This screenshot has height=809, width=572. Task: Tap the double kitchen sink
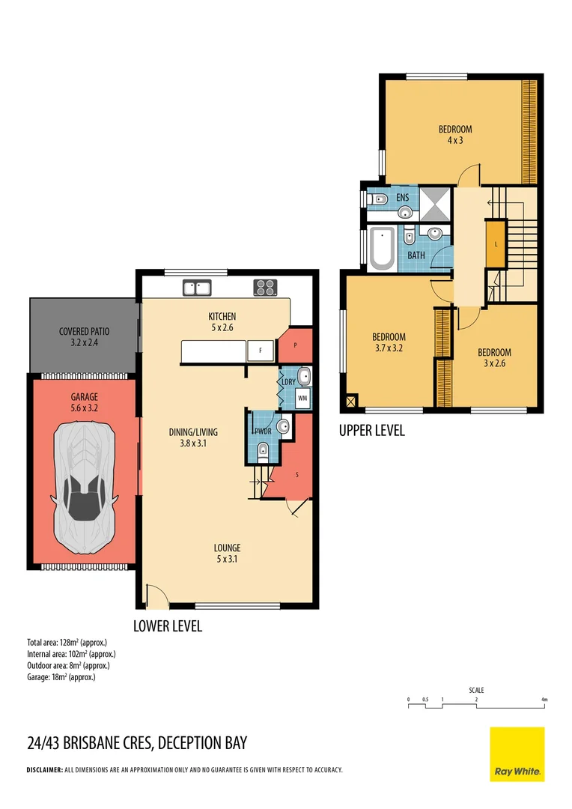point(198,287)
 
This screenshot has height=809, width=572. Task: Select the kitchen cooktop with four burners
point(266,287)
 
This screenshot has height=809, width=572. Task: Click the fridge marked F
point(261,351)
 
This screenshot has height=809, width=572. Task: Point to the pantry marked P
point(295,346)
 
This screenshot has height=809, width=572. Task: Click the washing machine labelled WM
point(302,398)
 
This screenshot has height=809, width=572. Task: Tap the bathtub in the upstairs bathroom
point(382,249)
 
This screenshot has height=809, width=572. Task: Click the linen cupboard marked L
point(496,244)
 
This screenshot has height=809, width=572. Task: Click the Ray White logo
point(517,754)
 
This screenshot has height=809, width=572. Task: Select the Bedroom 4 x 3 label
point(455,135)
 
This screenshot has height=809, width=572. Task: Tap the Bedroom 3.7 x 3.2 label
point(389,342)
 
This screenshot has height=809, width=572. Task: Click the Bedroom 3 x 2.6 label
point(495,358)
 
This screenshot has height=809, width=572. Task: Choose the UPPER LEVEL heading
point(371,431)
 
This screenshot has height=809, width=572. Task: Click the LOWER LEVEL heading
point(167,626)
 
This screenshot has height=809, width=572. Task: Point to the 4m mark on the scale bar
point(544,700)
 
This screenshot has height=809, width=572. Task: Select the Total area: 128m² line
point(67,643)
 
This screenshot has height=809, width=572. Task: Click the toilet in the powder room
point(262,451)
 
